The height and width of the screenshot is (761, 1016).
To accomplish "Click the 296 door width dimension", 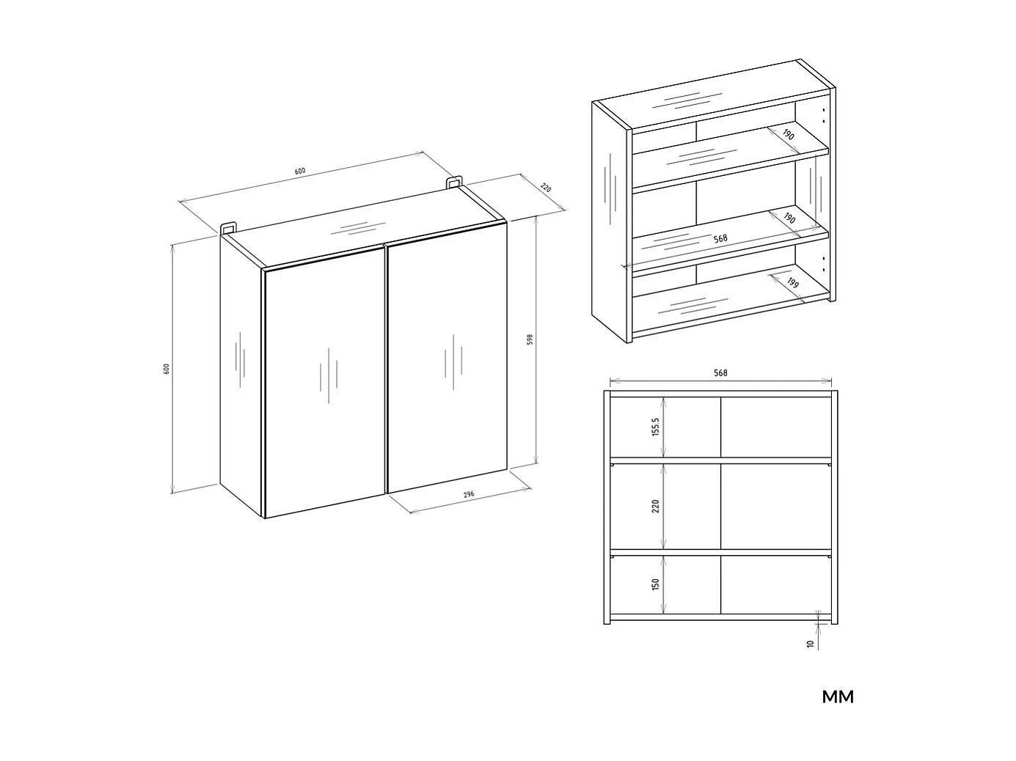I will coord(469,494).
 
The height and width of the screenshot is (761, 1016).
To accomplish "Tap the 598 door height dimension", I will coord(530,339).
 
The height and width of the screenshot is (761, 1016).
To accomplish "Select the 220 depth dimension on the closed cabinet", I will coord(545,188).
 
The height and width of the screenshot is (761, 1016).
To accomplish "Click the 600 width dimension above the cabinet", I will coord(299,171).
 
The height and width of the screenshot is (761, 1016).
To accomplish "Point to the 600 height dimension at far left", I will coord(167,368).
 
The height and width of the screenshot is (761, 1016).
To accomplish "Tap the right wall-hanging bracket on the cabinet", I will coord(454,181).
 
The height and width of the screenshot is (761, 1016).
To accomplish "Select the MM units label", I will coord(838,697).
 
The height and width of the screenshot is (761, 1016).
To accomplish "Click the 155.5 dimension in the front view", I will coord(656,427).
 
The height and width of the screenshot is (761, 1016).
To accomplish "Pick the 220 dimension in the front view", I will coord(656,506).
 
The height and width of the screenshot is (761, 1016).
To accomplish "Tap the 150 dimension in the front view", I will coord(656,584).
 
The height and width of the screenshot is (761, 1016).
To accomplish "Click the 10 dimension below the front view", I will coord(810,644).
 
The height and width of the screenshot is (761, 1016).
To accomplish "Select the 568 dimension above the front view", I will coord(720,373).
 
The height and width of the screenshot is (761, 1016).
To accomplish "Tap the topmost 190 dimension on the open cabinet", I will coord(788,135).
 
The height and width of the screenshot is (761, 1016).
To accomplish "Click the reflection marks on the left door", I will coord(328,375).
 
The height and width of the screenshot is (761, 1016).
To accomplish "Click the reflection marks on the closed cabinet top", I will coord(357,227).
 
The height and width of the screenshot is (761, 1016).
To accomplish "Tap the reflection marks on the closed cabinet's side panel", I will coord(240,359).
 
